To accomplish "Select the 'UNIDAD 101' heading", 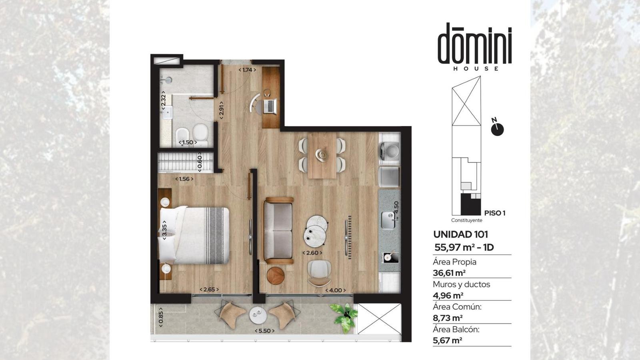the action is click(460, 234).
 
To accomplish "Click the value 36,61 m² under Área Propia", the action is click(449, 273).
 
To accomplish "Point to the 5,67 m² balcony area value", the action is click(448, 340).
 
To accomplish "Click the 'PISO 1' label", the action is click(495, 213).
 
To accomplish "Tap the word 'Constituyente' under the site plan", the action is click(466, 220).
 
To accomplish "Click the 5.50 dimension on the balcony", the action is click(264, 331).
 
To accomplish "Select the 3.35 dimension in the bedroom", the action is click(164, 230).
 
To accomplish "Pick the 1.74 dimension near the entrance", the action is click(247, 70).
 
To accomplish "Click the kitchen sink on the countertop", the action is click(388, 220).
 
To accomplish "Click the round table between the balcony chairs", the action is click(258, 315).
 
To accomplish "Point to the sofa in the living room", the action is click(278, 230).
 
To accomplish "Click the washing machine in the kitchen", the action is click(389, 150).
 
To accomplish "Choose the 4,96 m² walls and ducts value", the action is click(448, 296).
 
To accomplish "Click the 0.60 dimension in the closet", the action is click(200, 162).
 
